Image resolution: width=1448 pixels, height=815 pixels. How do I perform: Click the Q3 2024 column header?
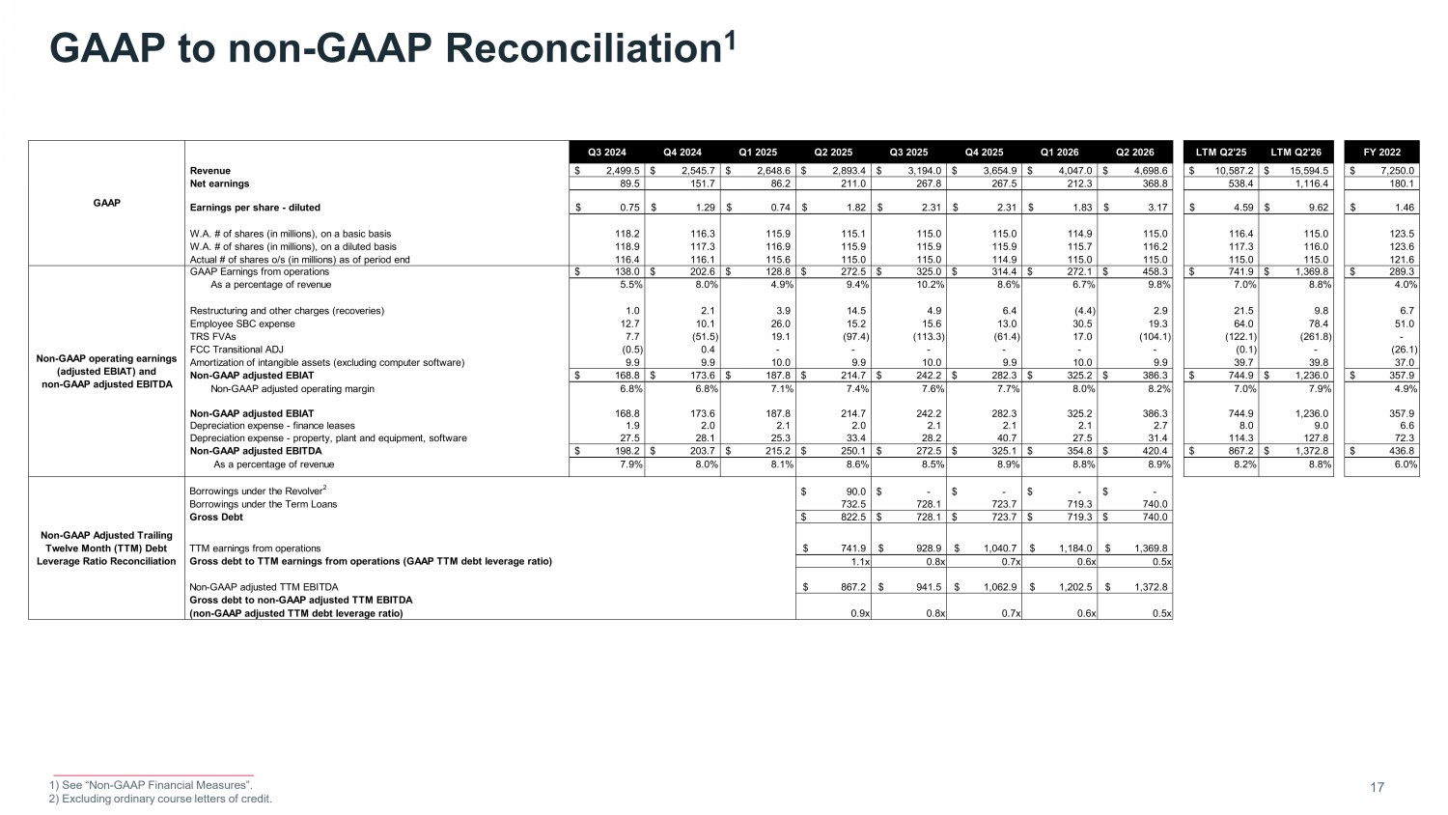[606, 152]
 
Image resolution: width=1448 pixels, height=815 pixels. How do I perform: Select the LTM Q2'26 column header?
[1296, 152]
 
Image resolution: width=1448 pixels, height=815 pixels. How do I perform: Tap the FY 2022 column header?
[1382, 152]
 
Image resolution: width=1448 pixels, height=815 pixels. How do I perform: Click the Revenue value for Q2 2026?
[1150, 171]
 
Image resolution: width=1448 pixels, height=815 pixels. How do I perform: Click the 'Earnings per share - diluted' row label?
[255, 208]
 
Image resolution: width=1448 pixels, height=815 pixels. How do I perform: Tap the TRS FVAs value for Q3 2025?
[929, 336]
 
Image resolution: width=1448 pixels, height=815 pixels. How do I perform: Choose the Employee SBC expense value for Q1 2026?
[1082, 323]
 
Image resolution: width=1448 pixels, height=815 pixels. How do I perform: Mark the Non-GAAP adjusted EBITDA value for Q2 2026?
[1154, 451]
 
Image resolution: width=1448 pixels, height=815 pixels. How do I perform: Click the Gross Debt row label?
[216, 517]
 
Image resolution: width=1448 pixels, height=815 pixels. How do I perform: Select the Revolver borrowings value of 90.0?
[855, 492]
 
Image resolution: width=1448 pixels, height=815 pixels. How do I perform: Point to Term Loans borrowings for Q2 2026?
[1155, 504]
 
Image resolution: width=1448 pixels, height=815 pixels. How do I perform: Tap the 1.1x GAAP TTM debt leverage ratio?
[860, 561]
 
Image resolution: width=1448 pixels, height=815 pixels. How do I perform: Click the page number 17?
[1377, 787]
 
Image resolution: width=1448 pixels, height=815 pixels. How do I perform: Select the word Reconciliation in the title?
[584, 48]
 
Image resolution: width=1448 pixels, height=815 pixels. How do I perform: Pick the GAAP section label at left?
[106, 203]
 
